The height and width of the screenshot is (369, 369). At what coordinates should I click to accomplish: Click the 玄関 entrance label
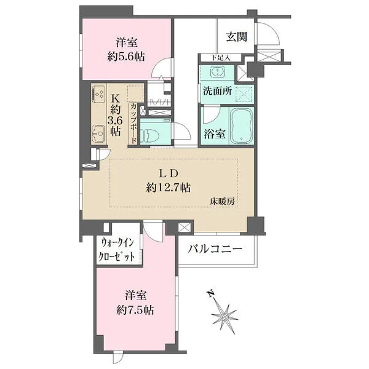pos(236,37)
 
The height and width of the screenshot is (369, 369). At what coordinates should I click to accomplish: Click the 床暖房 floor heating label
pos(222,201)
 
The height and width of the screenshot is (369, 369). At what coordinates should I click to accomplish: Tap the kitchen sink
pos(97,132)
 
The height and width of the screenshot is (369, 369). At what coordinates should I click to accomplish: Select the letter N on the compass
pos(211,294)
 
